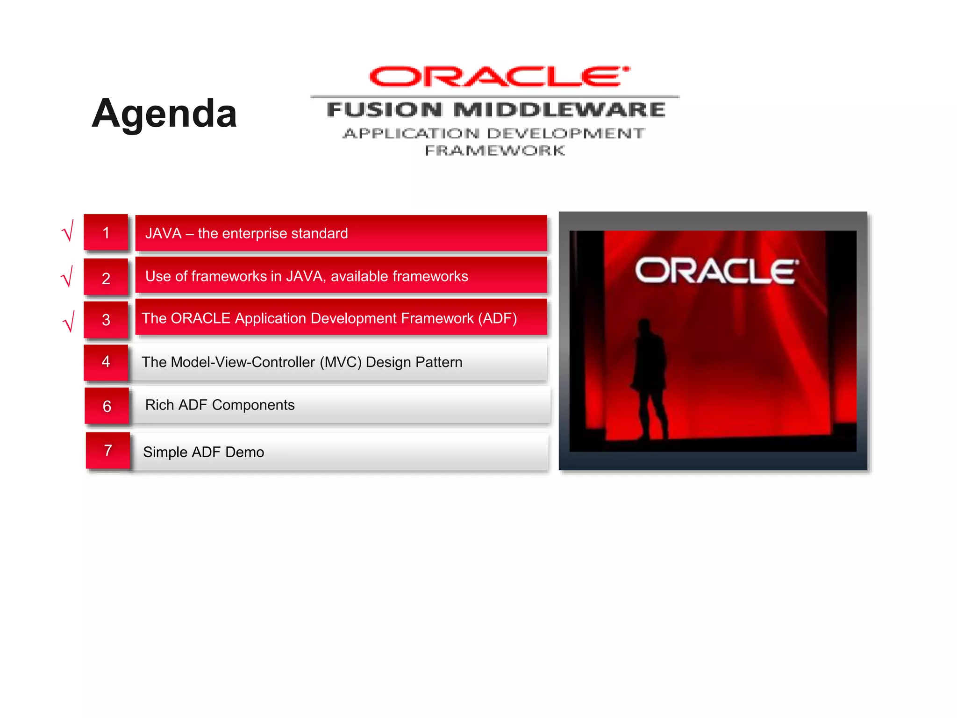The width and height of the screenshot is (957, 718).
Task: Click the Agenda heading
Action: point(164,114)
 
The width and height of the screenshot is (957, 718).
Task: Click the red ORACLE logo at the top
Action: point(499,77)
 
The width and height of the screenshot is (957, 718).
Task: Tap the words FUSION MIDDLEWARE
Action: point(496,110)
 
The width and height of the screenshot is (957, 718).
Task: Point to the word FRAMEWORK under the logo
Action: point(495,151)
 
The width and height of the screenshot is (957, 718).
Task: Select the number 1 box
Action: point(106,233)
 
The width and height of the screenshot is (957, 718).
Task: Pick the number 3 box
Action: point(106,320)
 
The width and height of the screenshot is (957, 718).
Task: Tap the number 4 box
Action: point(106,361)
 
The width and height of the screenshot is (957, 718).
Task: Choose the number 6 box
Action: point(107,406)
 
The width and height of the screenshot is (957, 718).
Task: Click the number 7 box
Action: point(108,450)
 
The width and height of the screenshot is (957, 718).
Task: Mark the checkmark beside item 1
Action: point(68,231)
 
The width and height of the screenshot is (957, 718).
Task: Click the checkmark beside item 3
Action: point(69,322)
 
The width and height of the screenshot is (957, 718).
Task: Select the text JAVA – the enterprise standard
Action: point(246,233)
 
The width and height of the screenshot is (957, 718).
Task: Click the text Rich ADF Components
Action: point(220,405)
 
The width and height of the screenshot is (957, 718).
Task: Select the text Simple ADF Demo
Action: point(203,452)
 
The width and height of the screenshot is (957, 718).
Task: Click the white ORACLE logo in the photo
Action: point(716,271)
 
